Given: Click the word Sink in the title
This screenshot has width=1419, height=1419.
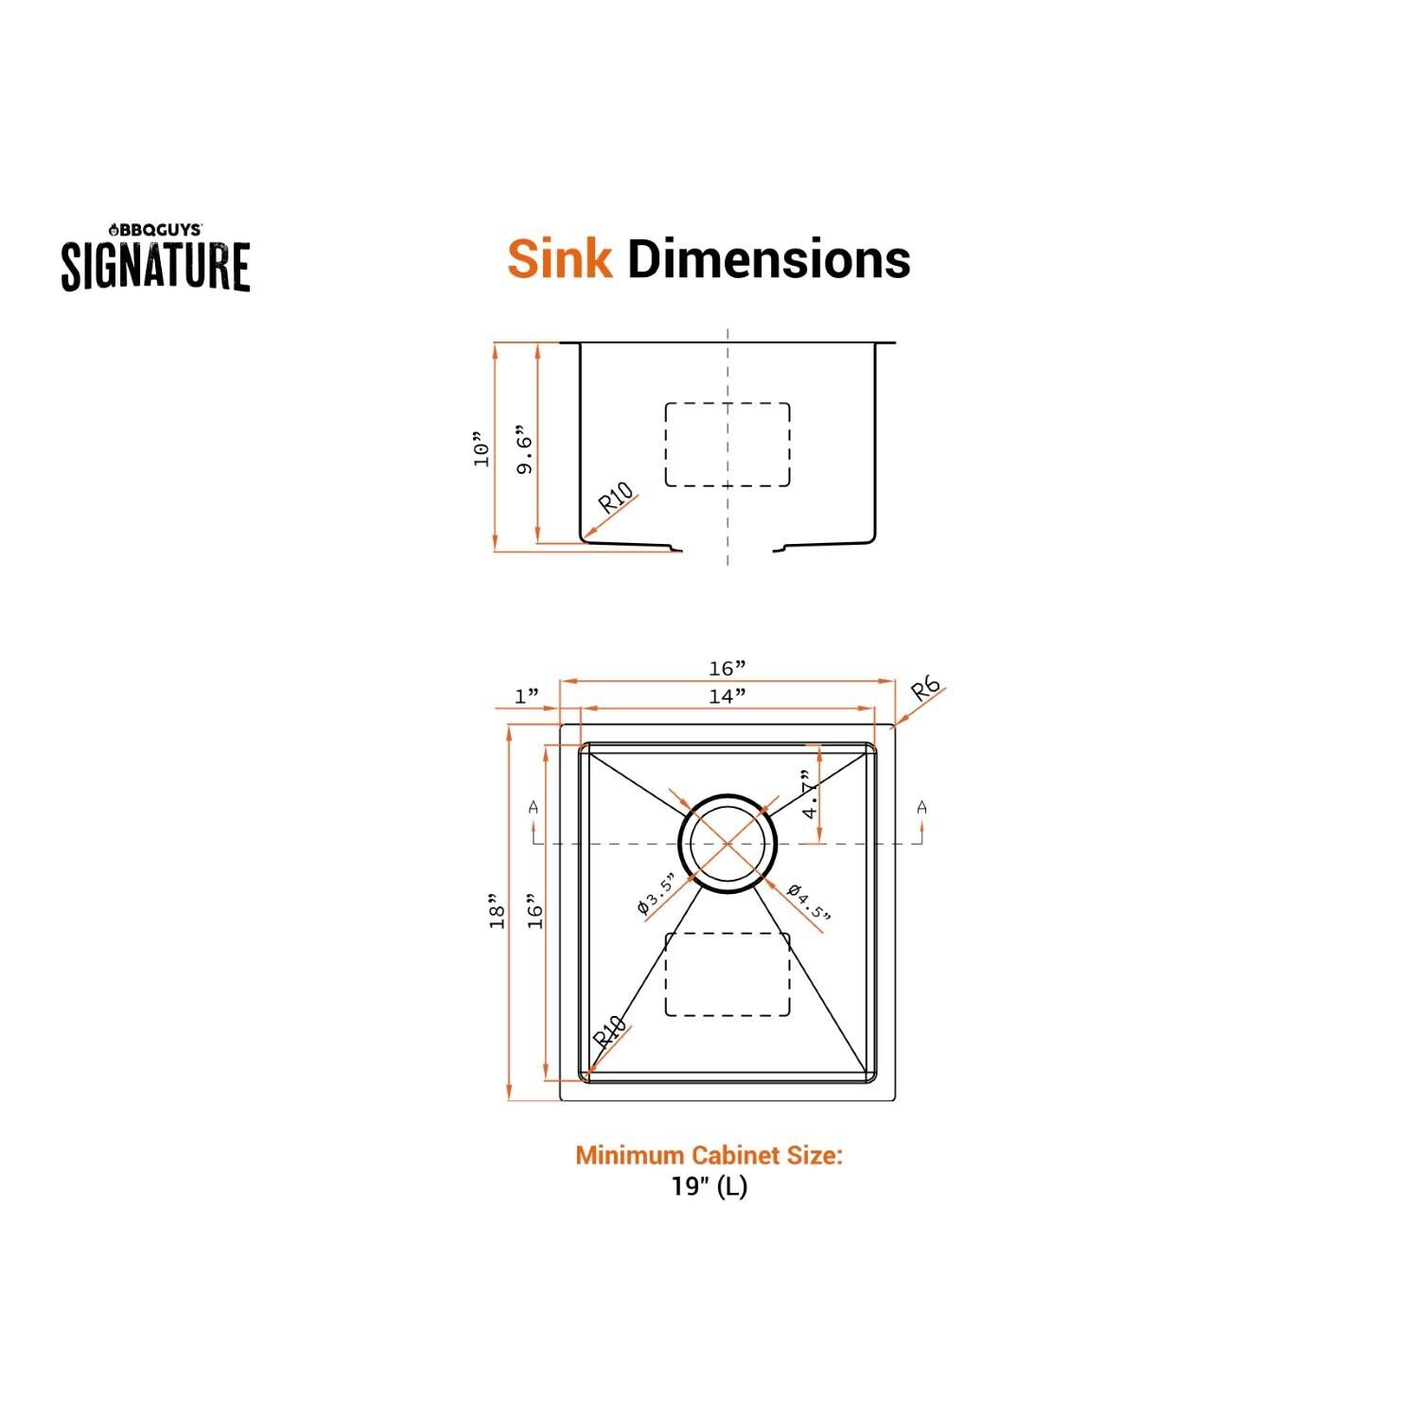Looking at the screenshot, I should click(x=559, y=258).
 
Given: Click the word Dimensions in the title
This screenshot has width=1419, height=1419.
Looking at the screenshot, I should click(x=768, y=258).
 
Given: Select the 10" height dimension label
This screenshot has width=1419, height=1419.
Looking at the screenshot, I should click(x=483, y=450).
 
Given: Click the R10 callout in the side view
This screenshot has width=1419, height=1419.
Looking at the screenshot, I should click(x=616, y=499).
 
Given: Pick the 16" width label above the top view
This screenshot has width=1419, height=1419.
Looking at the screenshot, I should click(x=727, y=669).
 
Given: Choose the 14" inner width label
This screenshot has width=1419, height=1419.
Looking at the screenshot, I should click(x=727, y=696).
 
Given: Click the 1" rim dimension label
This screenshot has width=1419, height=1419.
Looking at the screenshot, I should click(x=526, y=697).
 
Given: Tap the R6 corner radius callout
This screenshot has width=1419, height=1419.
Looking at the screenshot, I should click(x=926, y=689).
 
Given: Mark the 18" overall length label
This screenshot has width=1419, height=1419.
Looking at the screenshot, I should click(x=497, y=911).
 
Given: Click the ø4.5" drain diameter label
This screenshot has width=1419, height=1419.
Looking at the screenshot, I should click(x=809, y=902).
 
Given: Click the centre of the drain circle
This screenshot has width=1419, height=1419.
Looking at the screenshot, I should click(x=727, y=842).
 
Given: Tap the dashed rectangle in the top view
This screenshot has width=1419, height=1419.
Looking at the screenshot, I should click(x=727, y=974).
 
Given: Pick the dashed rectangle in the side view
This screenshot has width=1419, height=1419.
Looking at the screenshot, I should click(x=727, y=445).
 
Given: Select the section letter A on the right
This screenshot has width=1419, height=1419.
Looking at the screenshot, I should click(x=921, y=808).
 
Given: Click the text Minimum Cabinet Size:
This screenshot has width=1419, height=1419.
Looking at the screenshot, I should click(x=709, y=1155).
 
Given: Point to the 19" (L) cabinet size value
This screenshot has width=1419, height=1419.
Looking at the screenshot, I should click(x=709, y=1186).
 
